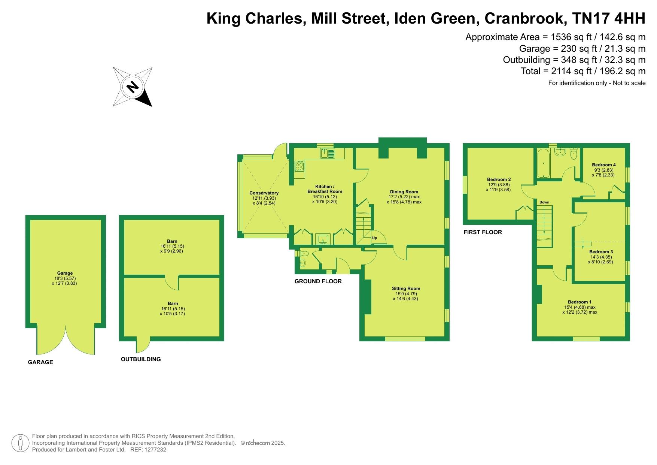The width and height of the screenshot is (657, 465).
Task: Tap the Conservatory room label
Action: [264, 193]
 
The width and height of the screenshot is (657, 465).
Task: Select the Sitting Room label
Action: [406, 289]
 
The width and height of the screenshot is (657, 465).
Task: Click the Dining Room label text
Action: [404, 192]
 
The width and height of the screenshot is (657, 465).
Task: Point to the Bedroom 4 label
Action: [603, 165]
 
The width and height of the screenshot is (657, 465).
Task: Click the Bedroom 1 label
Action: [580, 302]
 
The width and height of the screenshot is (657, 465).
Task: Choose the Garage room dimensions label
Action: [65, 281]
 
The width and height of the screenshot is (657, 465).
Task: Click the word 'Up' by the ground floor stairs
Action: [374, 238]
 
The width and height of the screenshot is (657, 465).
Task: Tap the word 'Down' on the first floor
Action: [544, 202]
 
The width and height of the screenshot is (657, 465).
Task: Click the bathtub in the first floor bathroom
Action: [543, 163]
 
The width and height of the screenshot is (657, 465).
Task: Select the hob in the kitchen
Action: [299, 166]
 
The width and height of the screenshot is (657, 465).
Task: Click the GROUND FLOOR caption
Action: [318, 281]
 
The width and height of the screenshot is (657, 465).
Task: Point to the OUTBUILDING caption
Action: [141, 359]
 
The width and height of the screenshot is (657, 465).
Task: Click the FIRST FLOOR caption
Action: [483, 232]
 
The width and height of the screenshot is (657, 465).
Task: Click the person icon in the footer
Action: [20, 444]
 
